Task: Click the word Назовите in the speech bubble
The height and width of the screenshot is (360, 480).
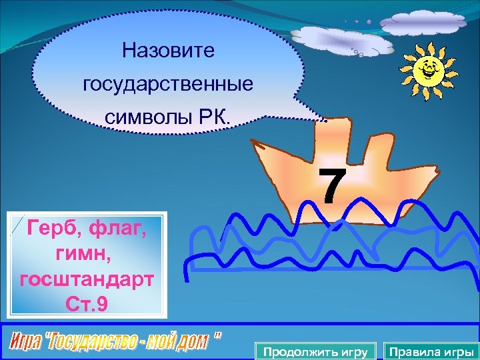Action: coord(168,51)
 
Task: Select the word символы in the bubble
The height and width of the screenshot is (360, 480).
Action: coord(145,117)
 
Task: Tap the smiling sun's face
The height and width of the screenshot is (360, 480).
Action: coord(426,68)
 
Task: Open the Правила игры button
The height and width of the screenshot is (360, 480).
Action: coord(431,351)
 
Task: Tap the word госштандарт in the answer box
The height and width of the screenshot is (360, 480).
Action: coord(86,279)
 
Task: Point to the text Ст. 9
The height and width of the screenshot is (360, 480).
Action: coord(86,304)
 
